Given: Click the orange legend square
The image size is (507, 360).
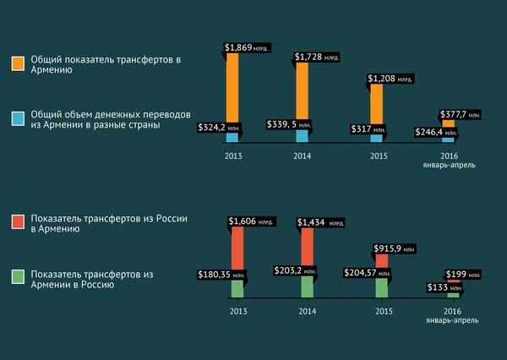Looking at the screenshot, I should pos(18,64).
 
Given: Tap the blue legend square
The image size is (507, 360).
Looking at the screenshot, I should pos(18,118).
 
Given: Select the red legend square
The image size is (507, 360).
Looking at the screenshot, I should pos(18,222).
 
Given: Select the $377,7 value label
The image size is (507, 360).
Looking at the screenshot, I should pos(461,113).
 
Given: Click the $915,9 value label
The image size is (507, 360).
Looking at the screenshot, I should pos(394,249).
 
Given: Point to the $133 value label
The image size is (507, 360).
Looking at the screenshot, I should pos(438,287).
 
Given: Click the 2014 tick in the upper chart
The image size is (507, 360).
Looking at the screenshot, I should pos(303,156).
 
